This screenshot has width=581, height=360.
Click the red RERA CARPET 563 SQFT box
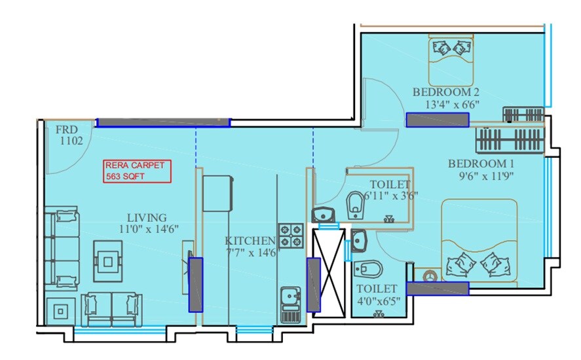(x=138, y=171)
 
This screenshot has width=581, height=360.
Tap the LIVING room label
(x=147, y=217)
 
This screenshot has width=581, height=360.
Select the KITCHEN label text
(x=250, y=240)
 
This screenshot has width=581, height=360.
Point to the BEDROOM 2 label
(x=442, y=92)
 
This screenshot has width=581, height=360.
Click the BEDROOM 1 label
(x=477, y=164)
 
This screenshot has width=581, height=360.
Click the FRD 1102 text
(x=69, y=134)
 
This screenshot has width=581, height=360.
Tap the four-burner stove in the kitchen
(x=291, y=234)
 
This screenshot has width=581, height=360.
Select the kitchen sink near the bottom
(x=290, y=304)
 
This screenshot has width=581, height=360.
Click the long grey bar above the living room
(x=163, y=122)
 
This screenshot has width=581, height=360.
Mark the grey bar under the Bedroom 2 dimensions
(x=438, y=120)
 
